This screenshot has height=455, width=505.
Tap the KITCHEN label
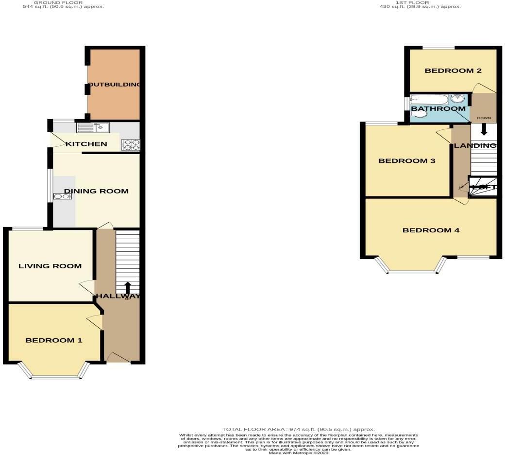coord(86,144)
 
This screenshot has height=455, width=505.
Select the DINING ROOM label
coord(97,191)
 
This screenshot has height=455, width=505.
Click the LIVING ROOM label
coord(50,266)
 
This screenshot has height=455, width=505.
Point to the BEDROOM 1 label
coord(54,340)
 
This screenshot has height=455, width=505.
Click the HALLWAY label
coord(118,296)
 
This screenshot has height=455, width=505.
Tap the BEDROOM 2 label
coord(453,71)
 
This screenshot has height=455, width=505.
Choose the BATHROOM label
coord(438,109)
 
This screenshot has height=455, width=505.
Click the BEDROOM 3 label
coord(407,161)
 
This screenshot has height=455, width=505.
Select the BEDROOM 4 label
coord(431,230)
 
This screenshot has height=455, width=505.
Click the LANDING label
coord(475,145)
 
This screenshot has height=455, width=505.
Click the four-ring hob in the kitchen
coord(130,144)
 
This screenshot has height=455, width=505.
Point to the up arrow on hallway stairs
coord(128,287)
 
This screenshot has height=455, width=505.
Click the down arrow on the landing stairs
coord(484,129)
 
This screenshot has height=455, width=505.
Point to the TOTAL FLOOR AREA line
coord(298,430)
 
